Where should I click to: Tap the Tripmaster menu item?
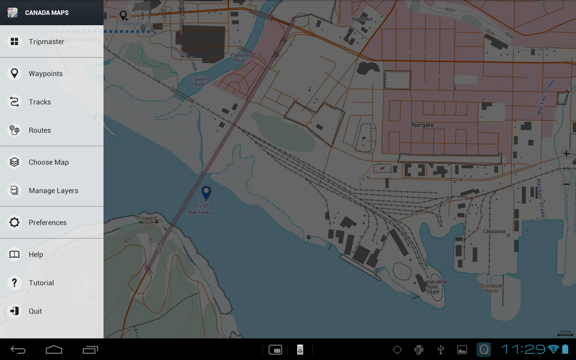pyautogui.click(x=46, y=42)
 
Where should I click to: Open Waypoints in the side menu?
pyautogui.click(x=45, y=74)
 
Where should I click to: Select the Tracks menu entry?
pyautogui.click(x=40, y=102)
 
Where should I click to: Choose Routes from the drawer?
pyautogui.click(x=40, y=130)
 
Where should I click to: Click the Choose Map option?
pyautogui.click(x=49, y=162)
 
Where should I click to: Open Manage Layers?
pyautogui.click(x=53, y=191)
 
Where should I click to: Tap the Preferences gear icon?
pyautogui.click(x=14, y=222)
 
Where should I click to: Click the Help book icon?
pyautogui.click(x=14, y=255)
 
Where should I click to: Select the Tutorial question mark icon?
pyautogui.click(x=14, y=283)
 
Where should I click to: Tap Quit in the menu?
pyautogui.click(x=35, y=311)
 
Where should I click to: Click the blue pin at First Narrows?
pyautogui.click(x=206, y=193)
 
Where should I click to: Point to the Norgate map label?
pyautogui.click(x=423, y=125)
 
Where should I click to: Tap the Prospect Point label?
pyautogui.click(x=147, y=220)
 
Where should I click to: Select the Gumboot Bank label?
pyautogui.click(x=491, y=288)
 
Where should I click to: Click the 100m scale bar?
pyautogui.click(x=565, y=333)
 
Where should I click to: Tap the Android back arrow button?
pyautogui.click(x=18, y=350)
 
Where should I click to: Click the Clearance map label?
pyautogui.click(x=494, y=231)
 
